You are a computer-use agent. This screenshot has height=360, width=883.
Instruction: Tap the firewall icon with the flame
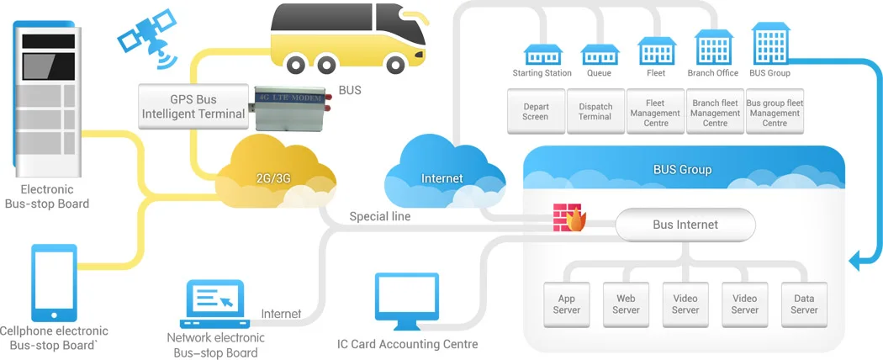568,218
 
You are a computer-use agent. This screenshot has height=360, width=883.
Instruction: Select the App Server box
566,304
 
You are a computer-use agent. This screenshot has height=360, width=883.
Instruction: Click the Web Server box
626,304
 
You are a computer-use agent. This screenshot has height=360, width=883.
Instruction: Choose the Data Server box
804,304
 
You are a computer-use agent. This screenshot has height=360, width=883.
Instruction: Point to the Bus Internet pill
685,225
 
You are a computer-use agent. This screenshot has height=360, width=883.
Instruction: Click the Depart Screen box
535,112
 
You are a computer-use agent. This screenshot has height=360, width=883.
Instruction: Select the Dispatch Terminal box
595,112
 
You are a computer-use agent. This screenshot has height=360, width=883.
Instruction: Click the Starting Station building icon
542,54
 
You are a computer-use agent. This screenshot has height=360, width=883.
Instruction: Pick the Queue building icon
600,54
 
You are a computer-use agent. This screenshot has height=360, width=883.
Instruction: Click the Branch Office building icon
712,48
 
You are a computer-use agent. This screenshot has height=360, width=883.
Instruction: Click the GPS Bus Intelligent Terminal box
194,107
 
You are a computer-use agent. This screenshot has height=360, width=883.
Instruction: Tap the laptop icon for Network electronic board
214,304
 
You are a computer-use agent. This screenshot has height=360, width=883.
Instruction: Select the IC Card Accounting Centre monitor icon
406,300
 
